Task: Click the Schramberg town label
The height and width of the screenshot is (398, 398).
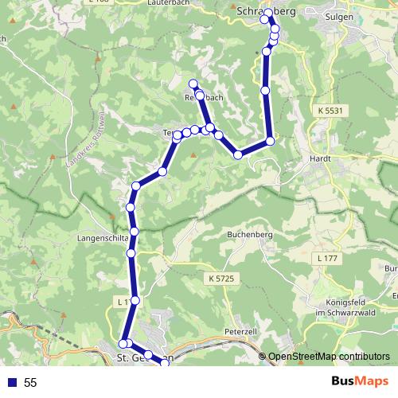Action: (x=267, y=11)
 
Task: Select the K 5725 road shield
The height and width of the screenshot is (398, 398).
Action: (x=220, y=278)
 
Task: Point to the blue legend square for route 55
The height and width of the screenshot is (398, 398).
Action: (x=11, y=383)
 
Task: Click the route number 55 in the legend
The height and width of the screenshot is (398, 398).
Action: (x=31, y=383)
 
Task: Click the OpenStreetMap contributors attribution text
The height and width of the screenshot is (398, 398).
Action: (x=329, y=357)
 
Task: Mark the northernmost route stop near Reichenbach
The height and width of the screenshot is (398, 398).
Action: (x=193, y=84)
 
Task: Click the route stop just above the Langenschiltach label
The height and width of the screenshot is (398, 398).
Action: (x=134, y=231)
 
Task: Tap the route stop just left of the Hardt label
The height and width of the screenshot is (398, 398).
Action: (x=270, y=141)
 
